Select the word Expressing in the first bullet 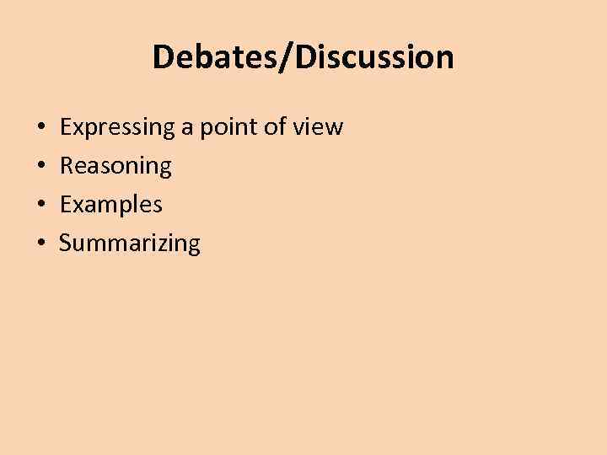(x=117, y=128)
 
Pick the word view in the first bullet (x=321, y=127)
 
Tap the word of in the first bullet (x=282, y=127)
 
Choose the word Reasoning (x=115, y=167)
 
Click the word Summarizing (x=130, y=244)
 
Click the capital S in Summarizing (x=66, y=244)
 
